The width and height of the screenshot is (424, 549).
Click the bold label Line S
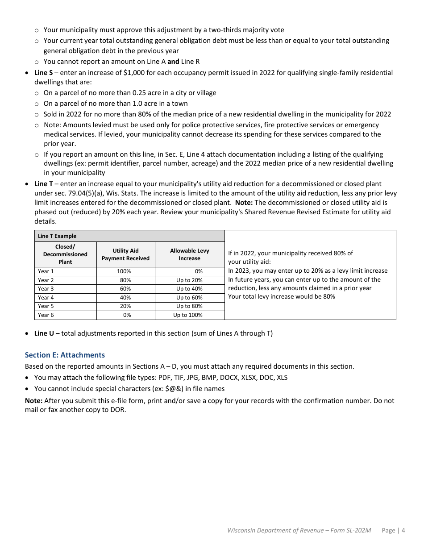pos(43,73)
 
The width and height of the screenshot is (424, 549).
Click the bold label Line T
pos(43,184)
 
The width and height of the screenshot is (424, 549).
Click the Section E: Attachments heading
pos(65,355)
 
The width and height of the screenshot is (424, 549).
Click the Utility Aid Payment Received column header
pos(125,254)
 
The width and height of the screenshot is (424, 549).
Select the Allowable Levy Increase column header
pos(189,254)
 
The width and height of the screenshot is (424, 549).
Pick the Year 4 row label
pos(46,298)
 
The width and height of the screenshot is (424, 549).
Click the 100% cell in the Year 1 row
pos(124,271)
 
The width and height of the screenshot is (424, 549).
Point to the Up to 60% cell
pos(189,298)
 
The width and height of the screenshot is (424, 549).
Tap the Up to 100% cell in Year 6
pos(188,315)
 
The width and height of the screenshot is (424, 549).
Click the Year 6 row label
pos(46,315)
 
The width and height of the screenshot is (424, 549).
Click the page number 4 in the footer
pos(403,531)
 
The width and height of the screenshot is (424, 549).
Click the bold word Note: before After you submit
pos(33,401)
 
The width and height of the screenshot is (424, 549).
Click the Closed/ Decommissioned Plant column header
pos(65,254)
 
